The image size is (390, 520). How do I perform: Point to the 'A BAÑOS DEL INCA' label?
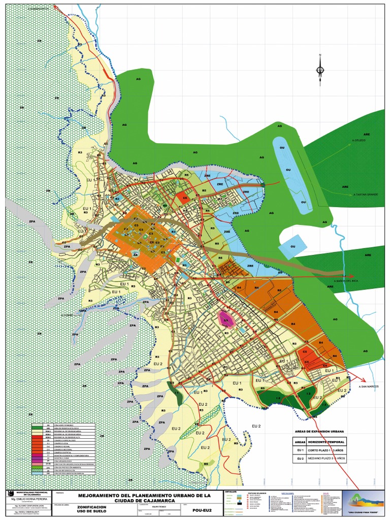[346, 281]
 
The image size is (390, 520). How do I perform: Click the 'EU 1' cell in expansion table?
[300, 450]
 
